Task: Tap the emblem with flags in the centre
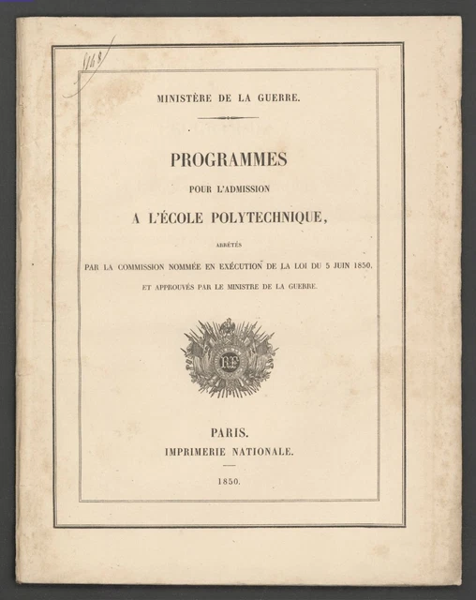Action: click(229, 357)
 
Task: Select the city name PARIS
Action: click(229, 434)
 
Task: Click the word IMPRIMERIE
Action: click(199, 452)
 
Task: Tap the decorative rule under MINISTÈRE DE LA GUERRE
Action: click(229, 118)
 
